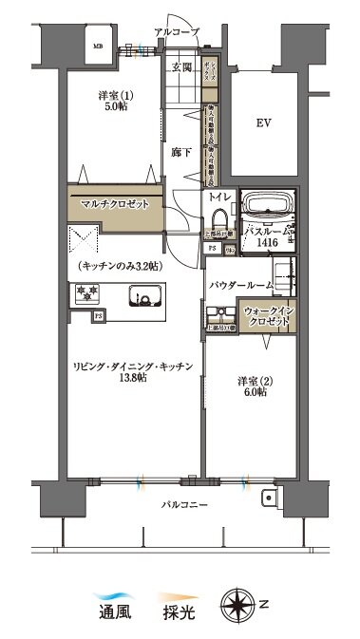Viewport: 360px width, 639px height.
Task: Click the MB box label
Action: pyautogui.click(x=98, y=45)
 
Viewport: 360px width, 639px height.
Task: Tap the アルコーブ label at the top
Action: pyautogui.click(x=177, y=32)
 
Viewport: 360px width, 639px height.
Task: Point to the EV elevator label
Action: pyautogui.click(x=264, y=123)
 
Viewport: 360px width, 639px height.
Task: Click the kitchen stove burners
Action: pyautogui.click(x=86, y=293)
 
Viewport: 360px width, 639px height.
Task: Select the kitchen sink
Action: pyautogui.click(x=147, y=301)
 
